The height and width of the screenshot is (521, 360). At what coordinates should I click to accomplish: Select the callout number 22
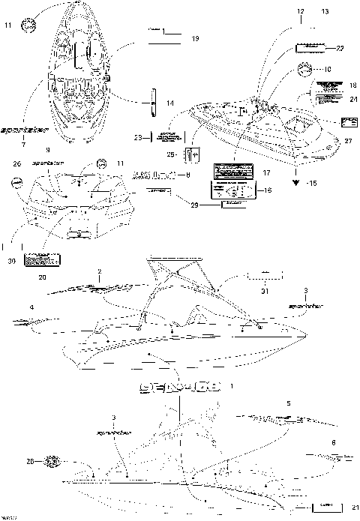tap(340, 48)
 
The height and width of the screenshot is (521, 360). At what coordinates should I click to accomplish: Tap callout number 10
tap(327, 69)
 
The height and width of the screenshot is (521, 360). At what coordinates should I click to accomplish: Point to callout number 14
tap(170, 102)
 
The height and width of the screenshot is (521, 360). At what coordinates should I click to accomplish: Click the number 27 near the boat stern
tap(347, 141)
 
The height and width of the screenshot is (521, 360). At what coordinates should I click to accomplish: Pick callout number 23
tap(137, 138)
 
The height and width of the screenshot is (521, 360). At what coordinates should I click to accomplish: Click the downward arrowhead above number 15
tap(298, 180)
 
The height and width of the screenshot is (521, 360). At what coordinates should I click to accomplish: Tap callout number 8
tap(187, 174)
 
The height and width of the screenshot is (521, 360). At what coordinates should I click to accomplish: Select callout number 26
tap(16, 163)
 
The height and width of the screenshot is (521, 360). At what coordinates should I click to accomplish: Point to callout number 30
tap(11, 260)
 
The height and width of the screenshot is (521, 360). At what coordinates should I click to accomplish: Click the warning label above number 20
tap(43, 259)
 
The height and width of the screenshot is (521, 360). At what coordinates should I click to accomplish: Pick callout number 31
tap(263, 292)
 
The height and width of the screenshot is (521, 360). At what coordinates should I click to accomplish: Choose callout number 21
tap(353, 506)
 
